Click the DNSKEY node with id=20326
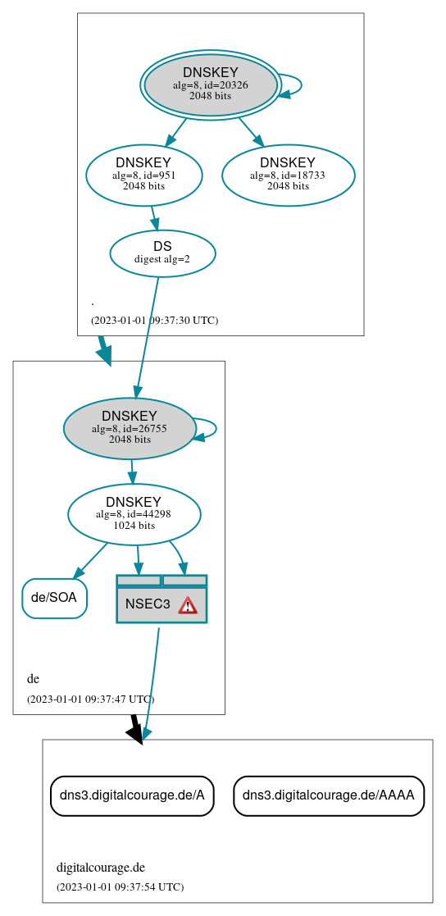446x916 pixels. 211,84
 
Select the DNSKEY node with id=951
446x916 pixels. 143,174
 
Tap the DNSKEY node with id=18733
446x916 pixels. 288,175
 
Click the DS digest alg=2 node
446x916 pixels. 162,253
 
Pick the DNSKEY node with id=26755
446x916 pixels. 130,428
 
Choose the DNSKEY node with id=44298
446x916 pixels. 134,514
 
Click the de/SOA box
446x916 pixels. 54,598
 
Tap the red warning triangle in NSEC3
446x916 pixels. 188,605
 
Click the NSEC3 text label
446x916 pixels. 148,604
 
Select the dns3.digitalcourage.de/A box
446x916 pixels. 132,795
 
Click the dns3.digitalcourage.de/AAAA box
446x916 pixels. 329,795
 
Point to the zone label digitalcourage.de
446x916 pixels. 100,868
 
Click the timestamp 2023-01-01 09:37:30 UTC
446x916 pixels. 154,321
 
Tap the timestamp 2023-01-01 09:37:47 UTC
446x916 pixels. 90,700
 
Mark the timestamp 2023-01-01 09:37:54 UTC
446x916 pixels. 120,887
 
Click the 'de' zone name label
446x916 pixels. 33,679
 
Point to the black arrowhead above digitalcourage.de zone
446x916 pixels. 137,733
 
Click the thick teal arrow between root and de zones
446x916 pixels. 103,349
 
